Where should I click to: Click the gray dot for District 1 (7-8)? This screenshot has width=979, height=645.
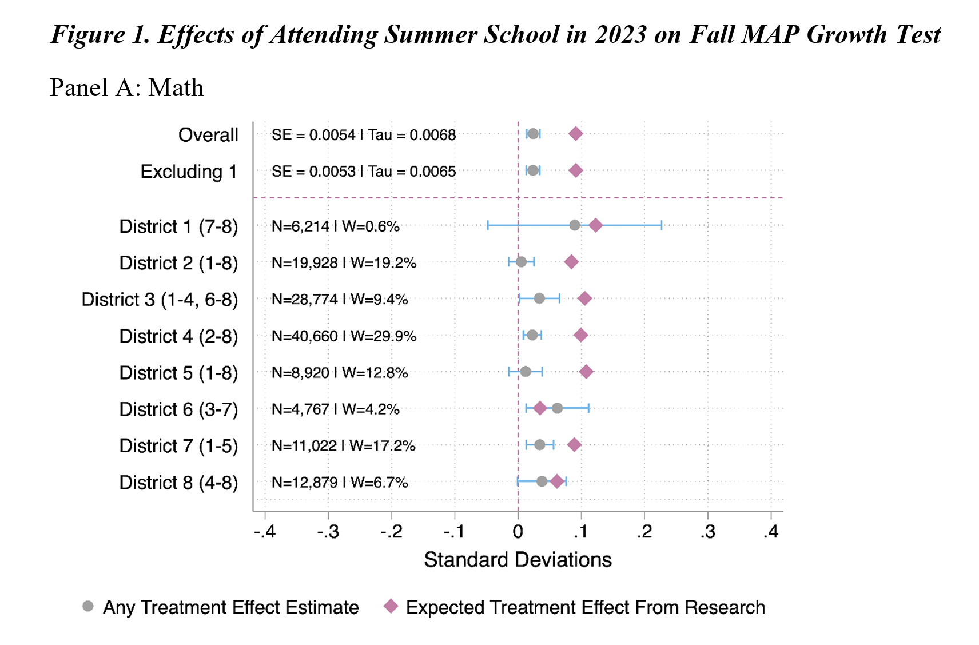pyautogui.click(x=575, y=225)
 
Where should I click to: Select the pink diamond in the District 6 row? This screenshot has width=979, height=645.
pyautogui.click(x=540, y=408)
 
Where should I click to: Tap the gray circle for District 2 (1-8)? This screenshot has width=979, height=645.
pyautogui.click(x=521, y=262)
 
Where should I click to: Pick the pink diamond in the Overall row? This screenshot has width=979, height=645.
pyautogui.click(x=576, y=134)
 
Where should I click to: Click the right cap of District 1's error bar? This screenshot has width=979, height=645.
pyautogui.click(x=662, y=225)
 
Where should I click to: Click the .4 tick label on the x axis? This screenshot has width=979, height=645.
pyautogui.click(x=771, y=532)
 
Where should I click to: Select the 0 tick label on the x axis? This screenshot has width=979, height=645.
pyautogui.click(x=518, y=532)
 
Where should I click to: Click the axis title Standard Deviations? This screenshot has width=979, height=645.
pyautogui.click(x=518, y=559)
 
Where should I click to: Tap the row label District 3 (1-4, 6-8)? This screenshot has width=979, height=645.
pyautogui.click(x=160, y=300)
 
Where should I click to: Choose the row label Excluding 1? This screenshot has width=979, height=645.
pyautogui.click(x=189, y=172)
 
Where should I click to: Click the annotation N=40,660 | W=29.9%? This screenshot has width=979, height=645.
pyautogui.click(x=344, y=336)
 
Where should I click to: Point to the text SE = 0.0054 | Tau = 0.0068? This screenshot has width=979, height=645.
pyautogui.click(x=364, y=135)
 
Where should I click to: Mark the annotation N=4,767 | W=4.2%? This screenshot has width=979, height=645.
pyautogui.click(x=335, y=409)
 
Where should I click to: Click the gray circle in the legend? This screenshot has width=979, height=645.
pyautogui.click(x=87, y=606)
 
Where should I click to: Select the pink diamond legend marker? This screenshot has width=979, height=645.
pyautogui.click(x=391, y=606)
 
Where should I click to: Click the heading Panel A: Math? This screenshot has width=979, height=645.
pyautogui.click(x=126, y=88)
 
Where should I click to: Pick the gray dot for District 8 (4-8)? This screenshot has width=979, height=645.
pyautogui.click(x=542, y=481)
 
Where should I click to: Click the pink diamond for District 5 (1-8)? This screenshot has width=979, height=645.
pyautogui.click(x=586, y=372)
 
